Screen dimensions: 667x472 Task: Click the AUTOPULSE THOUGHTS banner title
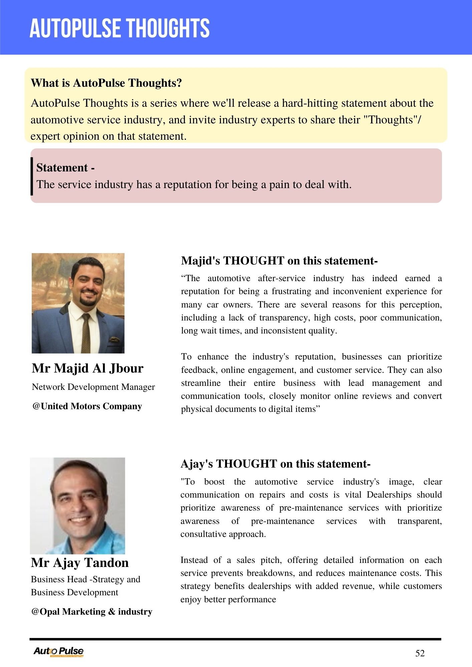pyautogui.click(x=120, y=28)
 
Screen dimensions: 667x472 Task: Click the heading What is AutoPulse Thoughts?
pyautogui.click(x=106, y=83)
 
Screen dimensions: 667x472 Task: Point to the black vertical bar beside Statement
pyautogui.click(x=32, y=176)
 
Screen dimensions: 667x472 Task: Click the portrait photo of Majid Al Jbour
pyautogui.click(x=78, y=303)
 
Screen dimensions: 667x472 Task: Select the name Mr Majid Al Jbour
pyautogui.click(x=87, y=368)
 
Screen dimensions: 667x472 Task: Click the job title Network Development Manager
pyautogui.click(x=93, y=387)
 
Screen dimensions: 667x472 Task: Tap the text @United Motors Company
pyautogui.click(x=87, y=406)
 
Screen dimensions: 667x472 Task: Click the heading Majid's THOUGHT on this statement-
pyautogui.click(x=279, y=260)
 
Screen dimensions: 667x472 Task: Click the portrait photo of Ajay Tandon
pyautogui.click(x=77, y=506)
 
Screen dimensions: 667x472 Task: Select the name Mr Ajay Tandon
pyautogui.click(x=80, y=563)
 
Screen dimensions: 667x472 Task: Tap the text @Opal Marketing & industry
pyautogui.click(x=92, y=612)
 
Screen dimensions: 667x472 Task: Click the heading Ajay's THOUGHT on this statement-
pyautogui.click(x=275, y=464)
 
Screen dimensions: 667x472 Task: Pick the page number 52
pyautogui.click(x=420, y=653)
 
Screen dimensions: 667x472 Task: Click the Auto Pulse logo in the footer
pyautogui.click(x=58, y=651)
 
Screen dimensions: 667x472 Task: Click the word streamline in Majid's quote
pyautogui.click(x=201, y=383)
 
